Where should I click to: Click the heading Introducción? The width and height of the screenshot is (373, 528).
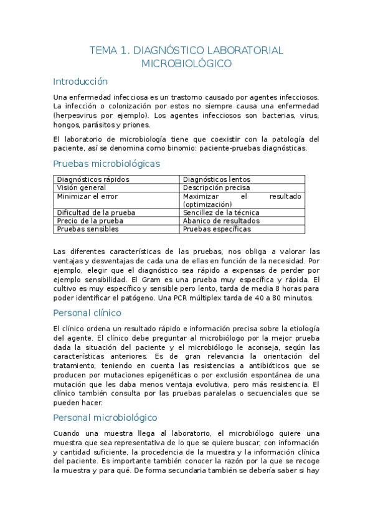[x=80, y=82]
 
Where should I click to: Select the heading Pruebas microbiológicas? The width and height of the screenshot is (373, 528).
[x=106, y=164]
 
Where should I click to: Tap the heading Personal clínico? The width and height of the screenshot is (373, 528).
[x=87, y=313]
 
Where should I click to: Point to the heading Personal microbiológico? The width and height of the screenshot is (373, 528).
[x=105, y=417]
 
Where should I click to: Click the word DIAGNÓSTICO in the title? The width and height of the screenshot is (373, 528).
[x=169, y=50]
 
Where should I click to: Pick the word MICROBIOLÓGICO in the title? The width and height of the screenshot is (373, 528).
[x=186, y=64]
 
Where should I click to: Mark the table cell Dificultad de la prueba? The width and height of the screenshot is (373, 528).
[x=96, y=212]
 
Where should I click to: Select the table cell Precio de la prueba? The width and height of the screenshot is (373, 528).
[x=90, y=220]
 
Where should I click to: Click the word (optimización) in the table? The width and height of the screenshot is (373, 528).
[x=207, y=204]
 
